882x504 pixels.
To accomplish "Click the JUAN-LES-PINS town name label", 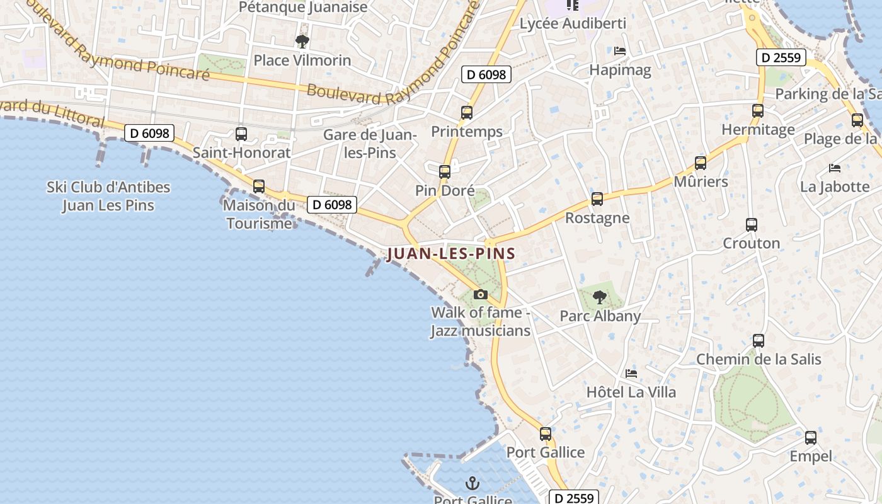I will [x=451, y=254].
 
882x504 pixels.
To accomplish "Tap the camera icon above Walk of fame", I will [x=481, y=294].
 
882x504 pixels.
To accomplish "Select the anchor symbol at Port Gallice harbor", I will [x=472, y=483].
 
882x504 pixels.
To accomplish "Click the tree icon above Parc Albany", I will [x=600, y=297].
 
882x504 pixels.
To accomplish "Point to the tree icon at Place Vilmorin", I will [x=302, y=42].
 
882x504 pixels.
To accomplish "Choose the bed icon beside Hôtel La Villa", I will [x=631, y=373].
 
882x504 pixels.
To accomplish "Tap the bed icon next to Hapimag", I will [x=620, y=51].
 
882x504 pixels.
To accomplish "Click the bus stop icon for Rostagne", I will [x=597, y=199].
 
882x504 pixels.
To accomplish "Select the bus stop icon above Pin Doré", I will [x=445, y=171].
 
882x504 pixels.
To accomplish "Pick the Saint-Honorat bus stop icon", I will [x=241, y=134].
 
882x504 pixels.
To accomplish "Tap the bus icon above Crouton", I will [x=752, y=224].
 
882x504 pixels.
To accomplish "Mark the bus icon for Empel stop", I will [x=811, y=437].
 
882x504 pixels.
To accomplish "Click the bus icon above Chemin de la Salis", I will [x=759, y=341].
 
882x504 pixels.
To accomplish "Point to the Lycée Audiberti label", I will [x=573, y=24].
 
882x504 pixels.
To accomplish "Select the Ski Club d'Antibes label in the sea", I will [x=108, y=196].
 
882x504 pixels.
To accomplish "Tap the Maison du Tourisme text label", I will [x=259, y=214].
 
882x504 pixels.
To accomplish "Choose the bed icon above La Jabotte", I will [x=835, y=168].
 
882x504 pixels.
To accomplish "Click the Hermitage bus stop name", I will [x=758, y=130].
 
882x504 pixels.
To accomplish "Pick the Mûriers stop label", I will [x=701, y=182].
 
